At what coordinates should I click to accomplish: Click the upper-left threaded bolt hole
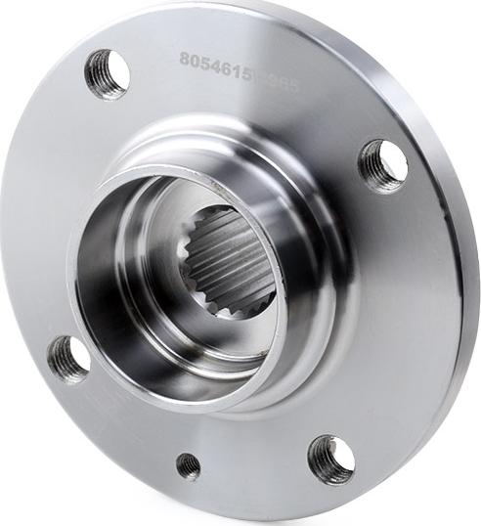[x=108, y=72]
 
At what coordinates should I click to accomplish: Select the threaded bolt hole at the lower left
[x=68, y=358]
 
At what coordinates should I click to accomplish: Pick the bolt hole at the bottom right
[x=330, y=459]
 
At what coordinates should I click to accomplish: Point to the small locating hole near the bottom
[x=189, y=465]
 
